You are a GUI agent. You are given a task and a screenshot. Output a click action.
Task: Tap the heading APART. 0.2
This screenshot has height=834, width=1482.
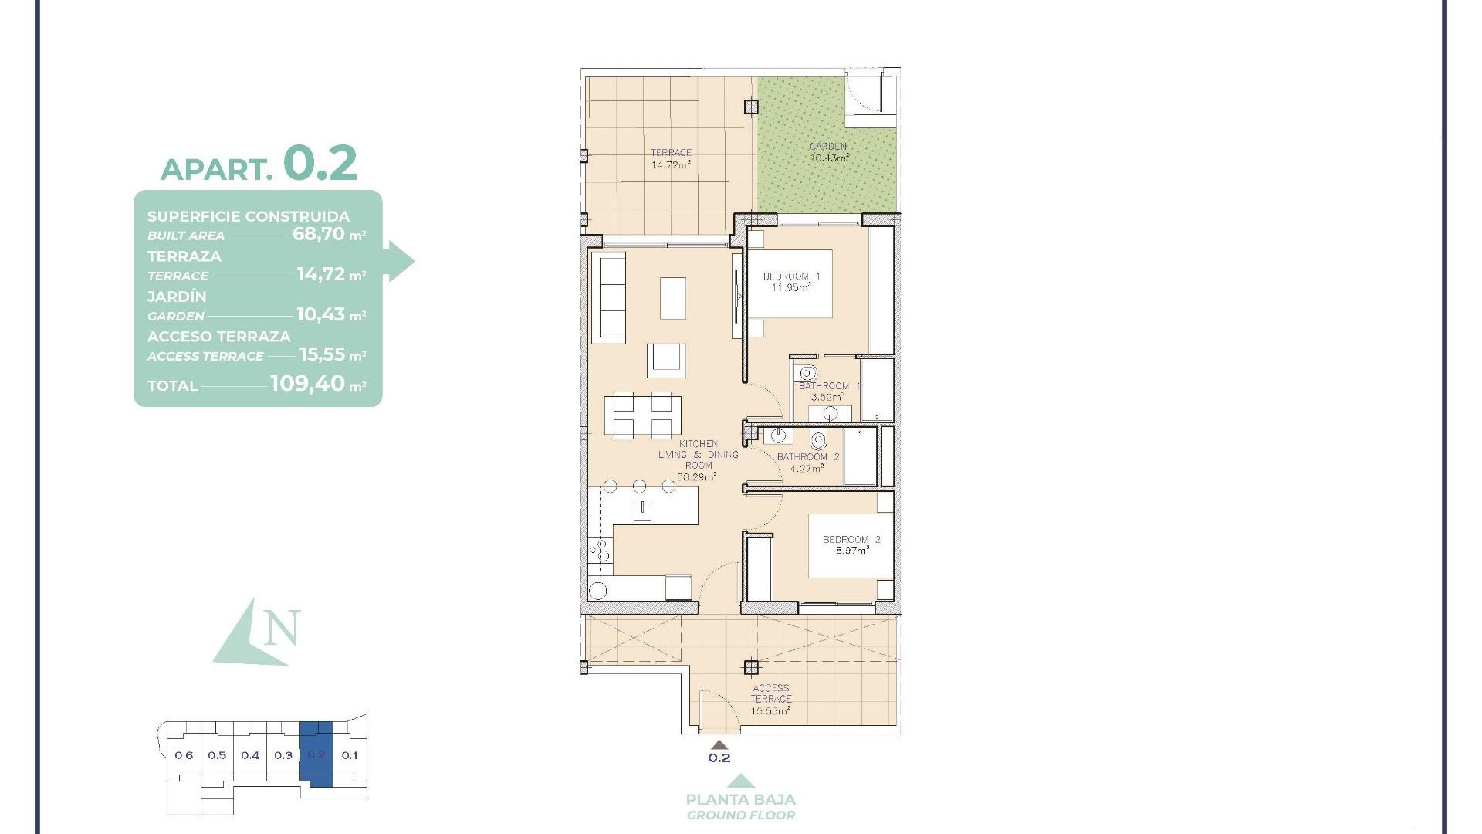point(259,164)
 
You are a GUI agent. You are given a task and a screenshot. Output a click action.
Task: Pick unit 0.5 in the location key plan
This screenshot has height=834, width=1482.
point(217,755)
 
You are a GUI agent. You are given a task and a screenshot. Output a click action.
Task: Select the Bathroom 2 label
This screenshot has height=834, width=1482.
point(807,462)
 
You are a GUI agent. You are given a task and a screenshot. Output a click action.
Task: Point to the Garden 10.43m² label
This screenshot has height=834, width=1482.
point(829,151)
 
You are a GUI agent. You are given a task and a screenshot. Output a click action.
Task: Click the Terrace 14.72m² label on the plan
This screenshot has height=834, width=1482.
point(670,158)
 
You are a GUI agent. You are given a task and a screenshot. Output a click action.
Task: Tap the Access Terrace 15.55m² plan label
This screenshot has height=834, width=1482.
point(770,700)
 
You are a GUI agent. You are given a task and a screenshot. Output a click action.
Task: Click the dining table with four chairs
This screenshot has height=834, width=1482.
point(642,415)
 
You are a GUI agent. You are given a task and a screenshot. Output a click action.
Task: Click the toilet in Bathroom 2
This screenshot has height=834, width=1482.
point(818,441)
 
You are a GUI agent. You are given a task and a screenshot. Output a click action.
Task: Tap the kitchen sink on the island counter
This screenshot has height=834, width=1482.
point(642,510)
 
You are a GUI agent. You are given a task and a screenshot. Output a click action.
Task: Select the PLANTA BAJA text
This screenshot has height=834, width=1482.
point(741,799)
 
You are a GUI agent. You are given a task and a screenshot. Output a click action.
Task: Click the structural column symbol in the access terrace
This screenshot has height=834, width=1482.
point(750,667)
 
